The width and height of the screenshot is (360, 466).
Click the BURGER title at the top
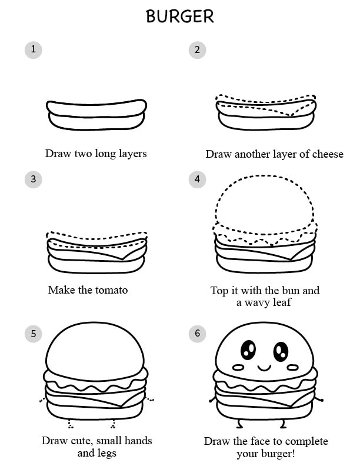[x=179, y=16]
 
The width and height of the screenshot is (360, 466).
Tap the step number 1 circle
[x=34, y=49]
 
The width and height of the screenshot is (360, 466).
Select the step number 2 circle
[x=197, y=49]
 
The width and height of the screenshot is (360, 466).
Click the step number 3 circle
[x=34, y=179]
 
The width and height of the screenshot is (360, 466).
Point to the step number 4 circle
[x=197, y=179]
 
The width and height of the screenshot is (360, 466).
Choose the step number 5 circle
[x=34, y=334]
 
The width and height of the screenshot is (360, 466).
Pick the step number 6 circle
[x=197, y=334]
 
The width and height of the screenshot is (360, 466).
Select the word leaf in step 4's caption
[x=282, y=302]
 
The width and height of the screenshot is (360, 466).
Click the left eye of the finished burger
[x=248, y=350]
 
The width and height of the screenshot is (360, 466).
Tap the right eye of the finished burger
[x=281, y=351]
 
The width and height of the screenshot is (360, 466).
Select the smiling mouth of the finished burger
[x=264, y=368]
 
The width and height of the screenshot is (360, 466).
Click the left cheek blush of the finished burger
[x=238, y=368]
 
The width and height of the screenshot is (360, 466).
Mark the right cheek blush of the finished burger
[x=292, y=368]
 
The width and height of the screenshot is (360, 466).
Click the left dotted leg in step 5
[x=70, y=424]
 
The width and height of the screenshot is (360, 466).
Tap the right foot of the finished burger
[x=284, y=424]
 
